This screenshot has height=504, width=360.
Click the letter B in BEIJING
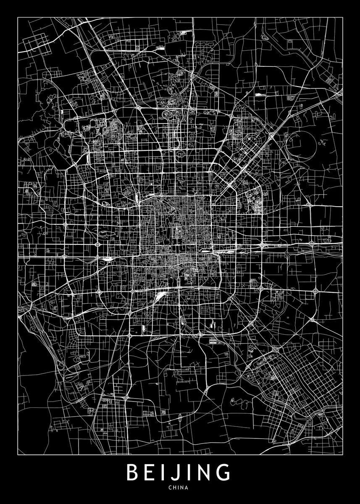[133, 473]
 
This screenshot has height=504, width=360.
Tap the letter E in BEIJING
[152, 473]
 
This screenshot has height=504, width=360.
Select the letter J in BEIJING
[178, 474]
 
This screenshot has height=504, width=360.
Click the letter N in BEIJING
[205, 473]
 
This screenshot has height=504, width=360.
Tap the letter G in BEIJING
[224, 473]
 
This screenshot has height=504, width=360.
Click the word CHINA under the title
[180, 488]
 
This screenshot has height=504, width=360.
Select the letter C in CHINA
[169, 488]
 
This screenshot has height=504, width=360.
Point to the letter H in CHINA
[175, 488]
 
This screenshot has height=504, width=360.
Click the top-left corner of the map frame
[18, 17]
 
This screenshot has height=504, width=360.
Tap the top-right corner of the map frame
[342, 17]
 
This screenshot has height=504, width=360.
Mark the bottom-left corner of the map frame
[18, 455]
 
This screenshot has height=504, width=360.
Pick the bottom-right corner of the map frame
[342, 455]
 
